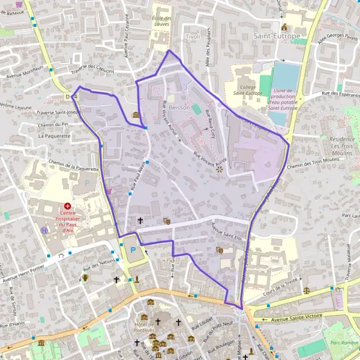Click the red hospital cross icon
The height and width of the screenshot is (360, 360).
tap(67, 206)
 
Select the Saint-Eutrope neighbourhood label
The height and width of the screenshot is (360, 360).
tap(277, 36)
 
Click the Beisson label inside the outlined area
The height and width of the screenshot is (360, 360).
tap(179, 107)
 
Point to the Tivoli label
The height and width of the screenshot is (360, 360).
tap(192, 37)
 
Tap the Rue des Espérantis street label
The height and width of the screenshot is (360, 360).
tap(339, 93)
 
